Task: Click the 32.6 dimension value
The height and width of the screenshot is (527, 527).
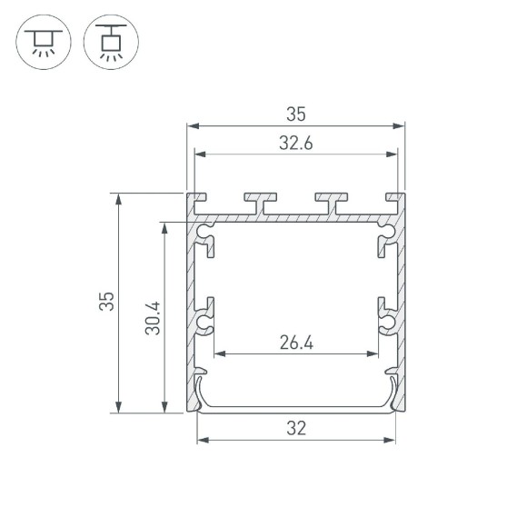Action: coord(296,142)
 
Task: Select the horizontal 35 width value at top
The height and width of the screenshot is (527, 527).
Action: coord(296,114)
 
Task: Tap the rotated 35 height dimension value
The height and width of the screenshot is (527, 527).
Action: coord(107,303)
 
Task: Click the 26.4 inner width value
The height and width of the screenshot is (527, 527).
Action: coord(296,343)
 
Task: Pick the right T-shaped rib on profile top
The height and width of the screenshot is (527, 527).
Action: coord(333,202)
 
